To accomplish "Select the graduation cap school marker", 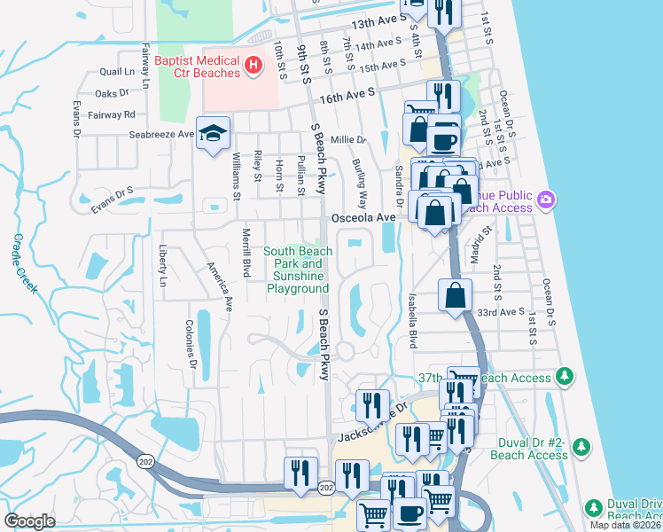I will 213,133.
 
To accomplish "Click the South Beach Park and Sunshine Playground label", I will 298,270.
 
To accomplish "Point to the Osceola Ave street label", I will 362,217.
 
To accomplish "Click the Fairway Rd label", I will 117,114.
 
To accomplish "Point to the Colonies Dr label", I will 191,344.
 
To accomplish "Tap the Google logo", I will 30,520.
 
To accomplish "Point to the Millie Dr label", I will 347,140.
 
